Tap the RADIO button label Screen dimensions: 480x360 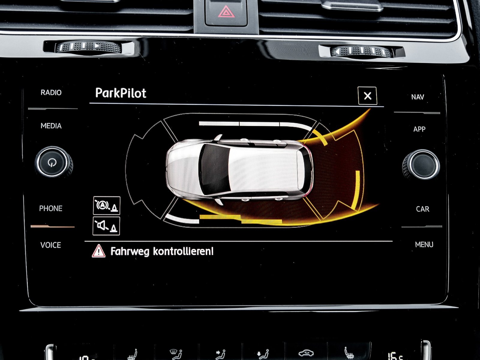coord(51,92)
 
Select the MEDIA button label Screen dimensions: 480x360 coord(51,126)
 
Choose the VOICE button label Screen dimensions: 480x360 coord(50,245)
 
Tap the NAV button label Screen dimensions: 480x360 coord(418,97)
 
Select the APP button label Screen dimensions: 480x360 coord(419,129)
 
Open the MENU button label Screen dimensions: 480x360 coord(424,244)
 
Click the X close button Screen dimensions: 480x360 coord(367,96)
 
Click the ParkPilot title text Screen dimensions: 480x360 coord(121,93)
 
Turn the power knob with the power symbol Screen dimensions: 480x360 coord(52,162)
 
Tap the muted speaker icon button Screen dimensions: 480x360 coord(106,226)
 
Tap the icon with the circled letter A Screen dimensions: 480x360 coord(106,205)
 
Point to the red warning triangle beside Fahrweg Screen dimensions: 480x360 coord(99,251)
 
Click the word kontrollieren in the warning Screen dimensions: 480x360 coord(183,251)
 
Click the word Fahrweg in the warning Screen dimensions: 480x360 coord(130,251)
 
